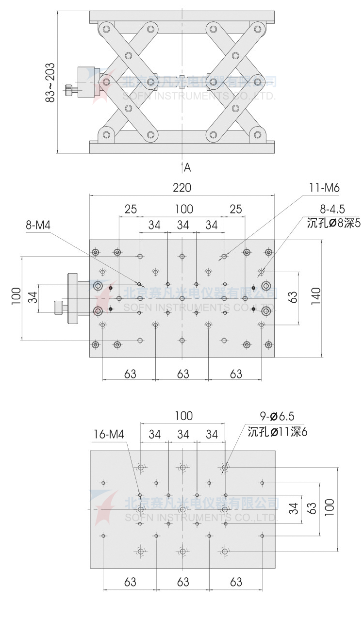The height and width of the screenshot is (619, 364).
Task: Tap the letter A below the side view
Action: pos(188,168)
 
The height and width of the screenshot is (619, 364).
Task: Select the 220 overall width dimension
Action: pos(182,188)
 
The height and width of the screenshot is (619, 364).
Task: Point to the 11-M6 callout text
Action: pos(325,188)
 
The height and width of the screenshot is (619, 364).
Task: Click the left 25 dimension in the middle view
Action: pos(130,209)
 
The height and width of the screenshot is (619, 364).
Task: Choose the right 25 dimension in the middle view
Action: pos(235,209)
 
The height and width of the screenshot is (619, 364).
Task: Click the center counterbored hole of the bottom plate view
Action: pos(182,509)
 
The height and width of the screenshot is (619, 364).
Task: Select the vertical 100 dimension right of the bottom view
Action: pos(330,508)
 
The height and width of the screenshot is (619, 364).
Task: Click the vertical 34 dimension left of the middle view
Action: pos(33,297)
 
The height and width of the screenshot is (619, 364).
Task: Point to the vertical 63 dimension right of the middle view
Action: pos(292,297)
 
